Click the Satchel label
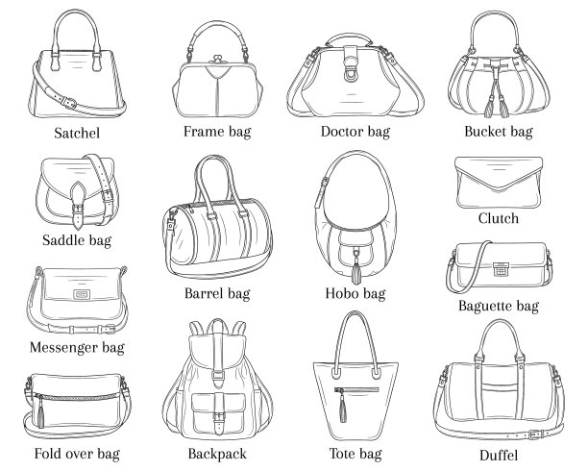pyautogui.click(x=78, y=135)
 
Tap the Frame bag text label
pyautogui.click(x=217, y=131)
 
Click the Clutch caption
pyautogui.click(x=498, y=218)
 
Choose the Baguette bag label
pyautogui.click(x=498, y=307)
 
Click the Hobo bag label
pyautogui.click(x=355, y=292)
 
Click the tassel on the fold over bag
pyautogui.click(x=41, y=419)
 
